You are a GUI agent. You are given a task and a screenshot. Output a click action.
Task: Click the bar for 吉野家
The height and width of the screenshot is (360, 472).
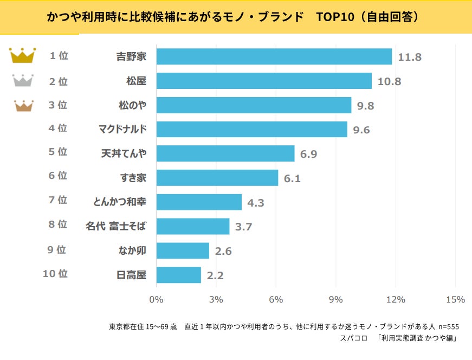[x=274, y=56]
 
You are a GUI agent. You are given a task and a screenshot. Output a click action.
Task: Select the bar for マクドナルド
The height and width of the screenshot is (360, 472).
[x=251, y=129]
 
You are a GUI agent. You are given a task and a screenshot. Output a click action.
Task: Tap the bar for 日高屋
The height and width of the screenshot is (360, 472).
[x=178, y=275]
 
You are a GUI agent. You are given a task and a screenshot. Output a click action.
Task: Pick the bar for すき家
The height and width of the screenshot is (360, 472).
[x=217, y=178]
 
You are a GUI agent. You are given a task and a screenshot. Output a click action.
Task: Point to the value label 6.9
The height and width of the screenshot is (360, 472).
[x=308, y=154]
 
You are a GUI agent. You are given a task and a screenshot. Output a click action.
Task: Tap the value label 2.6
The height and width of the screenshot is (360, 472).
[x=223, y=251]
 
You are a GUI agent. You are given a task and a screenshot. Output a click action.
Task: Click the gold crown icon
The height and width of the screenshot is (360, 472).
[x=23, y=55]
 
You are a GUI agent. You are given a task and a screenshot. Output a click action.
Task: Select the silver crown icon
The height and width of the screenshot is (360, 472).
[x=23, y=81]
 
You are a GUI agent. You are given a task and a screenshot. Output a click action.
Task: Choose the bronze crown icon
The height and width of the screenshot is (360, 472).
[x=23, y=105]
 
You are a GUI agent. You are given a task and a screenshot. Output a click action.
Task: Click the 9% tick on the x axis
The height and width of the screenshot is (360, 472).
[x=336, y=300]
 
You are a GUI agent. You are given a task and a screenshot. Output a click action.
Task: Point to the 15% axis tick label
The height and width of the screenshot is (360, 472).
[x=455, y=300]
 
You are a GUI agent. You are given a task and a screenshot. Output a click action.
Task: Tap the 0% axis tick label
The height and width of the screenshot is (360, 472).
[x=156, y=300]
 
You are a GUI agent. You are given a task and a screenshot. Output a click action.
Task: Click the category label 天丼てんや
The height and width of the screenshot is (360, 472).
[x=124, y=153]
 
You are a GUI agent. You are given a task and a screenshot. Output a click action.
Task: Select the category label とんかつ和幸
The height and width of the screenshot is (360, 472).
[x=120, y=202]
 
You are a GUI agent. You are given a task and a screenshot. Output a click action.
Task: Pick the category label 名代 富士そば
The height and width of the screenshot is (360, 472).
[x=116, y=226]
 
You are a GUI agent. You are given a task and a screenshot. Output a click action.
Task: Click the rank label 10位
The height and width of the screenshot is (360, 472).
[x=55, y=274]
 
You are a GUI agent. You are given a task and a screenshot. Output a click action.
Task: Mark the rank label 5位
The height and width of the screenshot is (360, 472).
[x=58, y=152]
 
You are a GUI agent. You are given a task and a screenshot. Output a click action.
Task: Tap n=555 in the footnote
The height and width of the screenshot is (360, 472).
[x=448, y=326]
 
